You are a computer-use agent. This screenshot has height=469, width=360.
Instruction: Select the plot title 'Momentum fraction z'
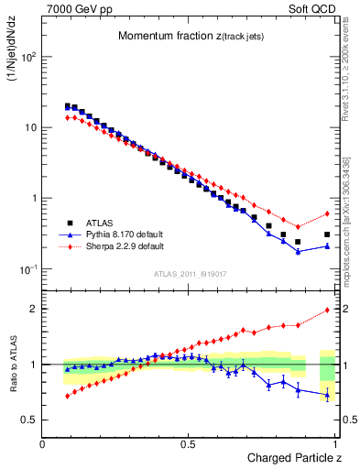(179, 36)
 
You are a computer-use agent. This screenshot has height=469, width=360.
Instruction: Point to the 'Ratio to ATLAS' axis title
(12, 365)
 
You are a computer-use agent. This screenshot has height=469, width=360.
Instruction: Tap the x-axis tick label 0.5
(189, 444)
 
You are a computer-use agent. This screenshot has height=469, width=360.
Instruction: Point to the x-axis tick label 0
(43, 444)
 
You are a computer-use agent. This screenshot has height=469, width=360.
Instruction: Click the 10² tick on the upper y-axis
(27, 57)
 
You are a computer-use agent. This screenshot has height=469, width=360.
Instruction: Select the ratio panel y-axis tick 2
(34, 309)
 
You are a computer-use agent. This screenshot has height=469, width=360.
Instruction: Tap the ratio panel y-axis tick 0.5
(30, 420)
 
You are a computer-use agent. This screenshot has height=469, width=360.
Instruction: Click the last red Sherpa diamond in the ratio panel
(327, 310)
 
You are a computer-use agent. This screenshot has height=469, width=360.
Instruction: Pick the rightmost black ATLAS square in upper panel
(327, 234)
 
